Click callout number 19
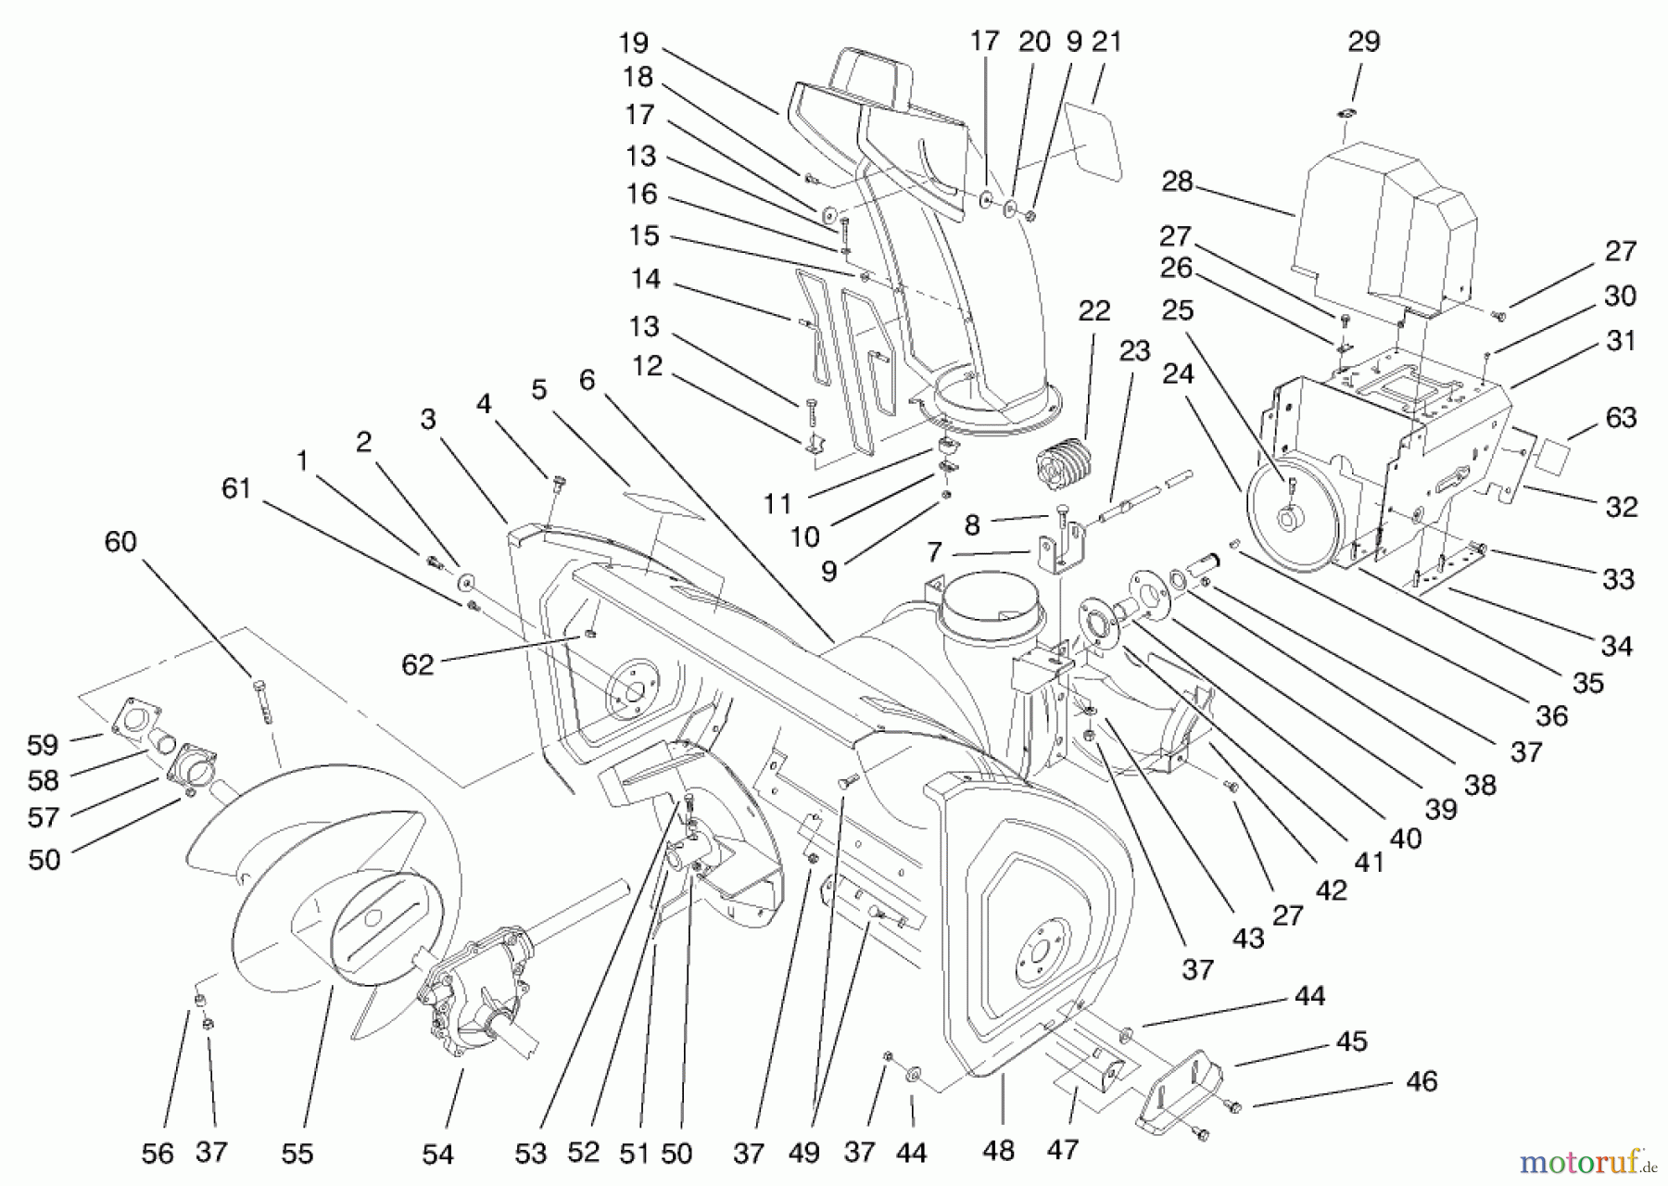(634, 43)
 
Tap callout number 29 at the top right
(1363, 41)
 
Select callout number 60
(120, 542)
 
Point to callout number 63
(1621, 418)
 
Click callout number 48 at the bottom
(999, 1150)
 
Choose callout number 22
(1093, 310)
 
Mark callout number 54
(437, 1154)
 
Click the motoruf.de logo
(1589, 1159)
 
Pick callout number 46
(1422, 1081)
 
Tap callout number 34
(1615, 646)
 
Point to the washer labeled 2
(465, 583)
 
